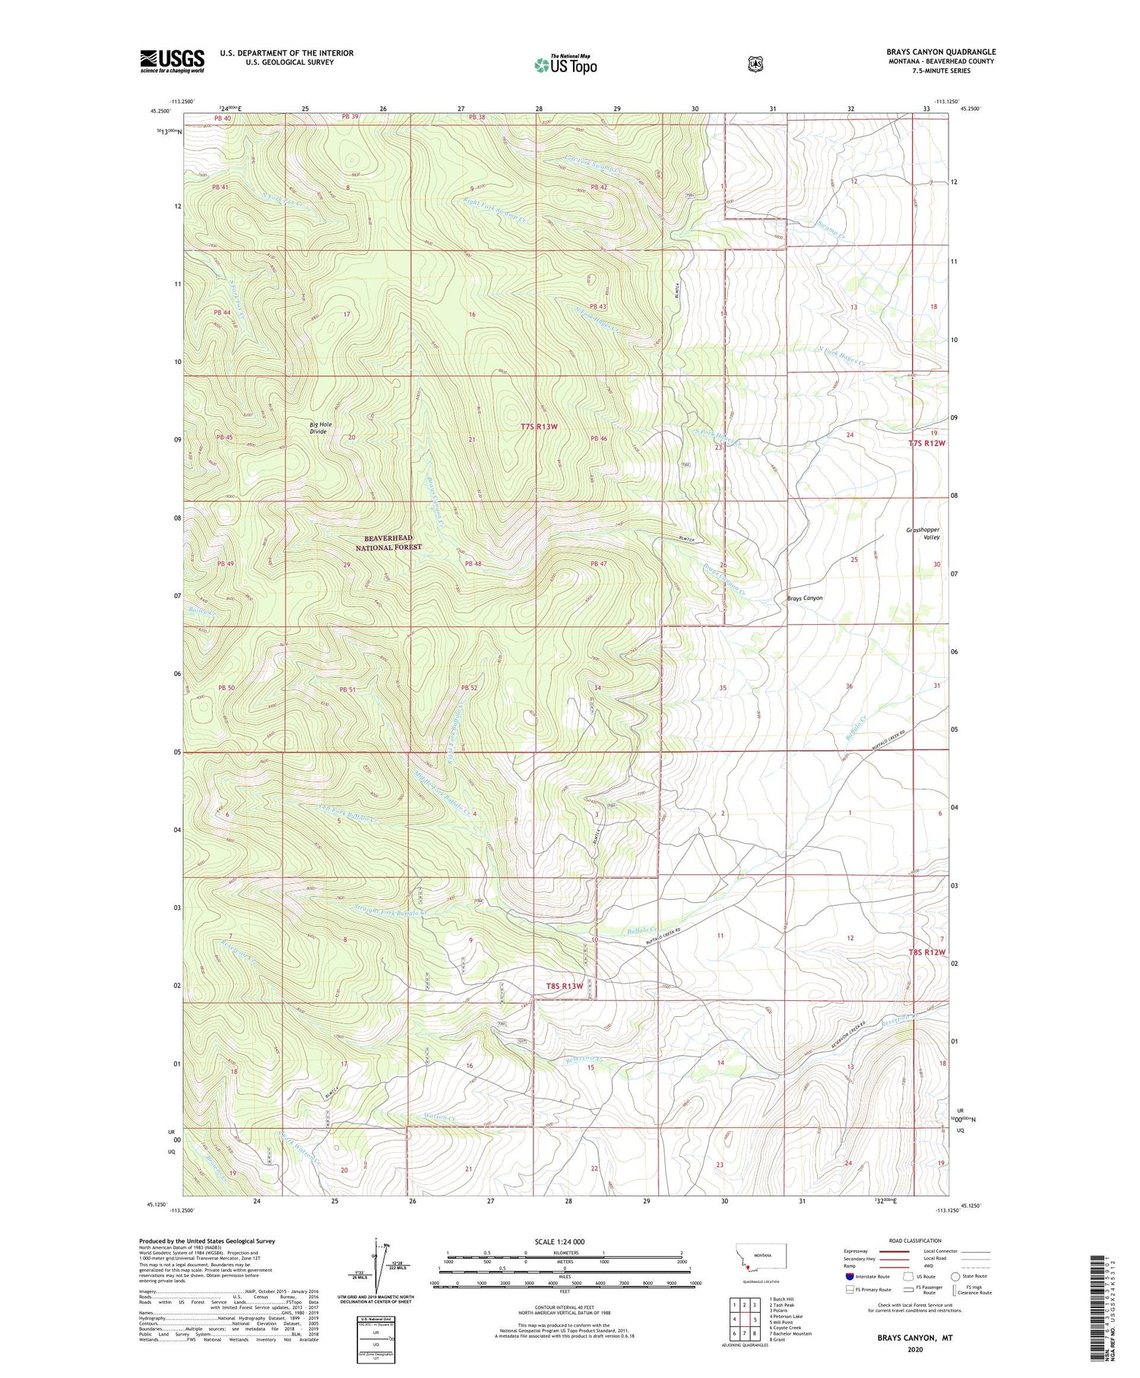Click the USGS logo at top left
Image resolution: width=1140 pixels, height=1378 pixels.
click(172, 61)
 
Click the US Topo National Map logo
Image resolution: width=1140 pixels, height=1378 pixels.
click(566, 64)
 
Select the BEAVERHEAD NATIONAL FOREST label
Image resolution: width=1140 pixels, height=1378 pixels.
click(388, 542)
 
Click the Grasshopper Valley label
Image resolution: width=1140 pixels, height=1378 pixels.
click(923, 533)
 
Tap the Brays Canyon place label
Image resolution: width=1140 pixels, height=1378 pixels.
click(804, 598)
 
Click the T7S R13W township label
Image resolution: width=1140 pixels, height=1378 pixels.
click(539, 427)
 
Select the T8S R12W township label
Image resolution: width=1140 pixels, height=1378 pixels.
click(928, 952)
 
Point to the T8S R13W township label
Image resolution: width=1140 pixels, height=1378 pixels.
click(565, 986)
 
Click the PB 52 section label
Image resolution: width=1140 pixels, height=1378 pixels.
click(469, 688)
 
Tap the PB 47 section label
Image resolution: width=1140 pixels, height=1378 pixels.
click(598, 563)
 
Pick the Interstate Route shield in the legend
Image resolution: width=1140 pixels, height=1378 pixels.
click(849, 1276)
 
